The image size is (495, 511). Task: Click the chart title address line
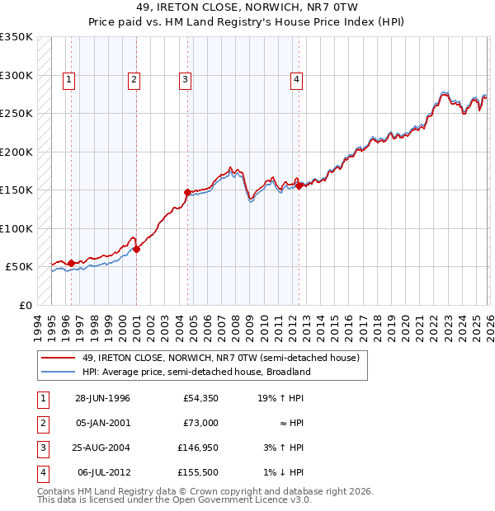coord(247,7)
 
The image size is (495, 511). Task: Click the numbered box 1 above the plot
coord(68,80)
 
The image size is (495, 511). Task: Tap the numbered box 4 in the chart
coord(295,80)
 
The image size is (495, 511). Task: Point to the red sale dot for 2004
coord(187,192)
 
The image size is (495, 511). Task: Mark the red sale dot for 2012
coord(299,185)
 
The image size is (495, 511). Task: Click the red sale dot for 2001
coord(136,249)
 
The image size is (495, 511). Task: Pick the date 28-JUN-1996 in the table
coord(101,398)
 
